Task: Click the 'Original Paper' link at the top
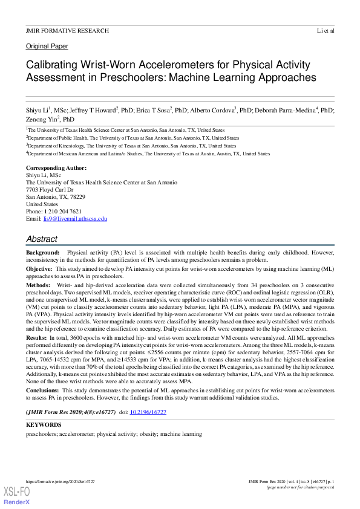pyautogui.click(x=47, y=46)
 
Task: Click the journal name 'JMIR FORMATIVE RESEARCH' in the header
pyautogui.click(x=68, y=30)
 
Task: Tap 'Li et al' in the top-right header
pyautogui.click(x=325, y=30)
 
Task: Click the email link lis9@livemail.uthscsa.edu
pyautogui.click(x=79, y=219)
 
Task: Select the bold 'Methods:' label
pyautogui.click(x=38, y=284)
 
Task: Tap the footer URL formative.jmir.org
pyautogui.click(x=60, y=481)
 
